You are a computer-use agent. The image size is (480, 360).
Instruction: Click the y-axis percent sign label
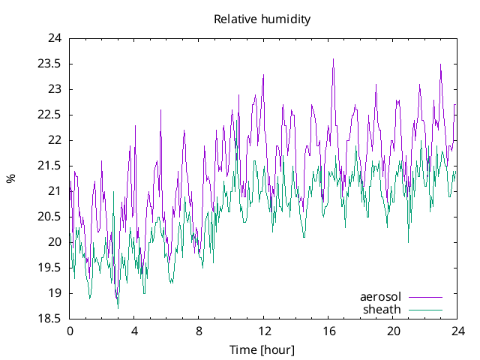tap(10, 178)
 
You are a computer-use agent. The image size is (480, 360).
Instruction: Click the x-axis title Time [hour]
tap(262, 349)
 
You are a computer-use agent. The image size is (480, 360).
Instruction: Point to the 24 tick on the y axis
tap(55, 38)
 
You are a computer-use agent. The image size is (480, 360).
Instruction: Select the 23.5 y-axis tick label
tap(49, 64)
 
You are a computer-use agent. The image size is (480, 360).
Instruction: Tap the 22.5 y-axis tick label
tap(49, 115)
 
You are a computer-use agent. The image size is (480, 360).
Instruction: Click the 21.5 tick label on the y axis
tap(49, 166)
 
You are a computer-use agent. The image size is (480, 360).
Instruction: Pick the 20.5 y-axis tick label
tap(49, 217)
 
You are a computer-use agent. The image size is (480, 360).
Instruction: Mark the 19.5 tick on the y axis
tap(49, 268)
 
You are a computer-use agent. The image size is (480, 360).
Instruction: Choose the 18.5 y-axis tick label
tap(49, 319)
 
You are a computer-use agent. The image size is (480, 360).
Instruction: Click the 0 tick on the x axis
tap(70, 331)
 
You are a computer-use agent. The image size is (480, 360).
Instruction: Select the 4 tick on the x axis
tap(134, 331)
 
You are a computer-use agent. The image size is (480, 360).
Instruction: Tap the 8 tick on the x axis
tap(199, 331)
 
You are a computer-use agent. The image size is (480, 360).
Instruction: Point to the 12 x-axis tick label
tap(264, 331)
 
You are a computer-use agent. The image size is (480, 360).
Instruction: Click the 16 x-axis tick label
tap(328, 331)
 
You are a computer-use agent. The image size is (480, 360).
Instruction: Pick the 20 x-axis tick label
tap(393, 331)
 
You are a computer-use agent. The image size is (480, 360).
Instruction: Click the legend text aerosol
tap(380, 297)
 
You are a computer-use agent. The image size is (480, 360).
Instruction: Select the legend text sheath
tap(382, 309)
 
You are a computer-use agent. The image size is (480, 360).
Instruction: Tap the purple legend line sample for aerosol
tap(424, 297)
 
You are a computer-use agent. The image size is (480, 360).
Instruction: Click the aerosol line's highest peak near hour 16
tap(333, 59)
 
